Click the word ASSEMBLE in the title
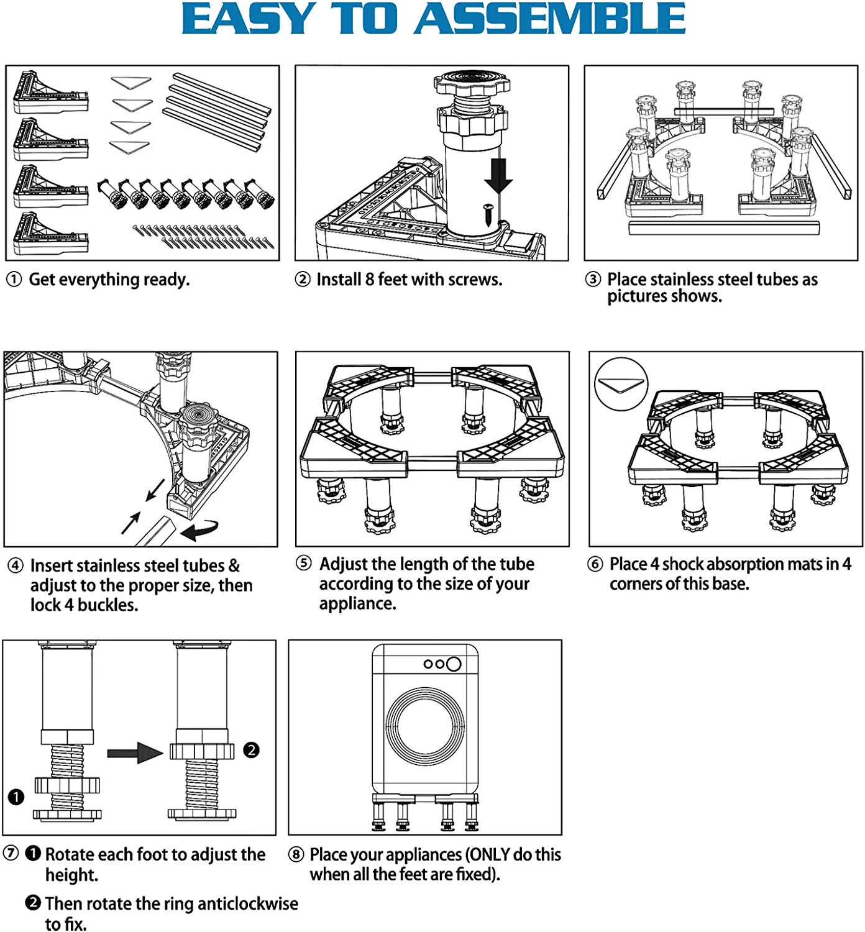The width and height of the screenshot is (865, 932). coord(549,20)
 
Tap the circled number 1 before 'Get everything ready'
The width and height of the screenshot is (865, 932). coord(14,280)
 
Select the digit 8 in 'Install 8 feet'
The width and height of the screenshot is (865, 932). coord(369,280)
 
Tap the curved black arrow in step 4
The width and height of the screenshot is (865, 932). coord(200,529)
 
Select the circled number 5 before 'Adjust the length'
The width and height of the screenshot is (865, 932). coord(303,563)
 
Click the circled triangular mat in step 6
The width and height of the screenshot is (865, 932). coord(621,384)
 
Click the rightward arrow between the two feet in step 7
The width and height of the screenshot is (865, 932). coord(134,753)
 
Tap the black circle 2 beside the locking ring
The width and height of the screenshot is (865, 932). coord(251,750)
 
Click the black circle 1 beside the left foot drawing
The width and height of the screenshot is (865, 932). coord(16,797)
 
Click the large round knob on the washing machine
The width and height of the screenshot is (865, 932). coord(454,664)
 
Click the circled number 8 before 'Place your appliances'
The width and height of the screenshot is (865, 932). coord(296,855)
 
